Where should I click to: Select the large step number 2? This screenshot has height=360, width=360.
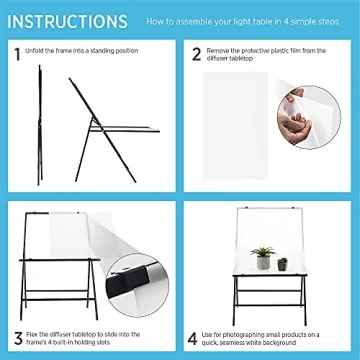click(197, 55)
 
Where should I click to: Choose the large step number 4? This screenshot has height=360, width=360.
click(197, 338)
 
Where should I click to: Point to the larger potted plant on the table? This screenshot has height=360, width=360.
click(264, 259)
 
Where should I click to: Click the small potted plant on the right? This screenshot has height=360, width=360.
click(282, 263)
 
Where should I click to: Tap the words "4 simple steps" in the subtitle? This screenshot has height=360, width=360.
click(314, 20)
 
